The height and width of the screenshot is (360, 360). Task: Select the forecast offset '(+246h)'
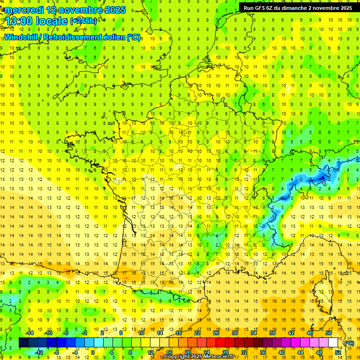click(x=83, y=21)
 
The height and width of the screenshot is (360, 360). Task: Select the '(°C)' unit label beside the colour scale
click(x=349, y=343)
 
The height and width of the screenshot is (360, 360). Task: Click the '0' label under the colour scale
click(x=93, y=352)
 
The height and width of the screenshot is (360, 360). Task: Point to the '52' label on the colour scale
click(x=338, y=352)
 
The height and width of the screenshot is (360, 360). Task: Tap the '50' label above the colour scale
click(x=329, y=333)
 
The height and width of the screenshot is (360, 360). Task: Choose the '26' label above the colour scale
click(x=216, y=333)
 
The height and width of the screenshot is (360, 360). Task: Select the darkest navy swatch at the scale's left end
click(x=23, y=343)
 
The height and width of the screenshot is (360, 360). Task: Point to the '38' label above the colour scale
click(x=272, y=333)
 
